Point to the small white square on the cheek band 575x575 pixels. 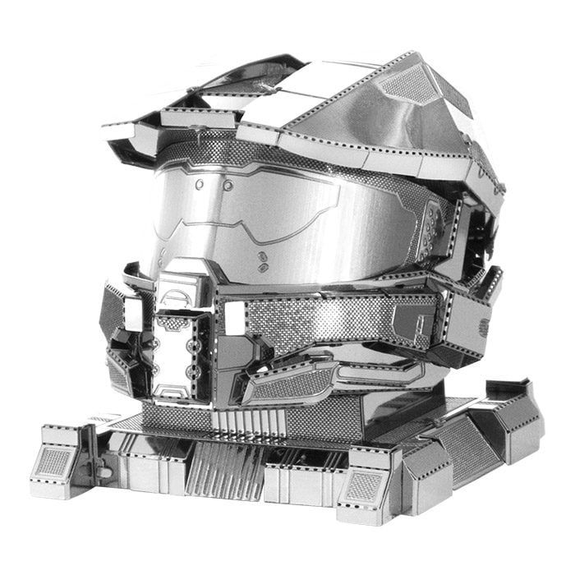pos(236,316)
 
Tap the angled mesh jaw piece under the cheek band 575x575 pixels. pos(292,382)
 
